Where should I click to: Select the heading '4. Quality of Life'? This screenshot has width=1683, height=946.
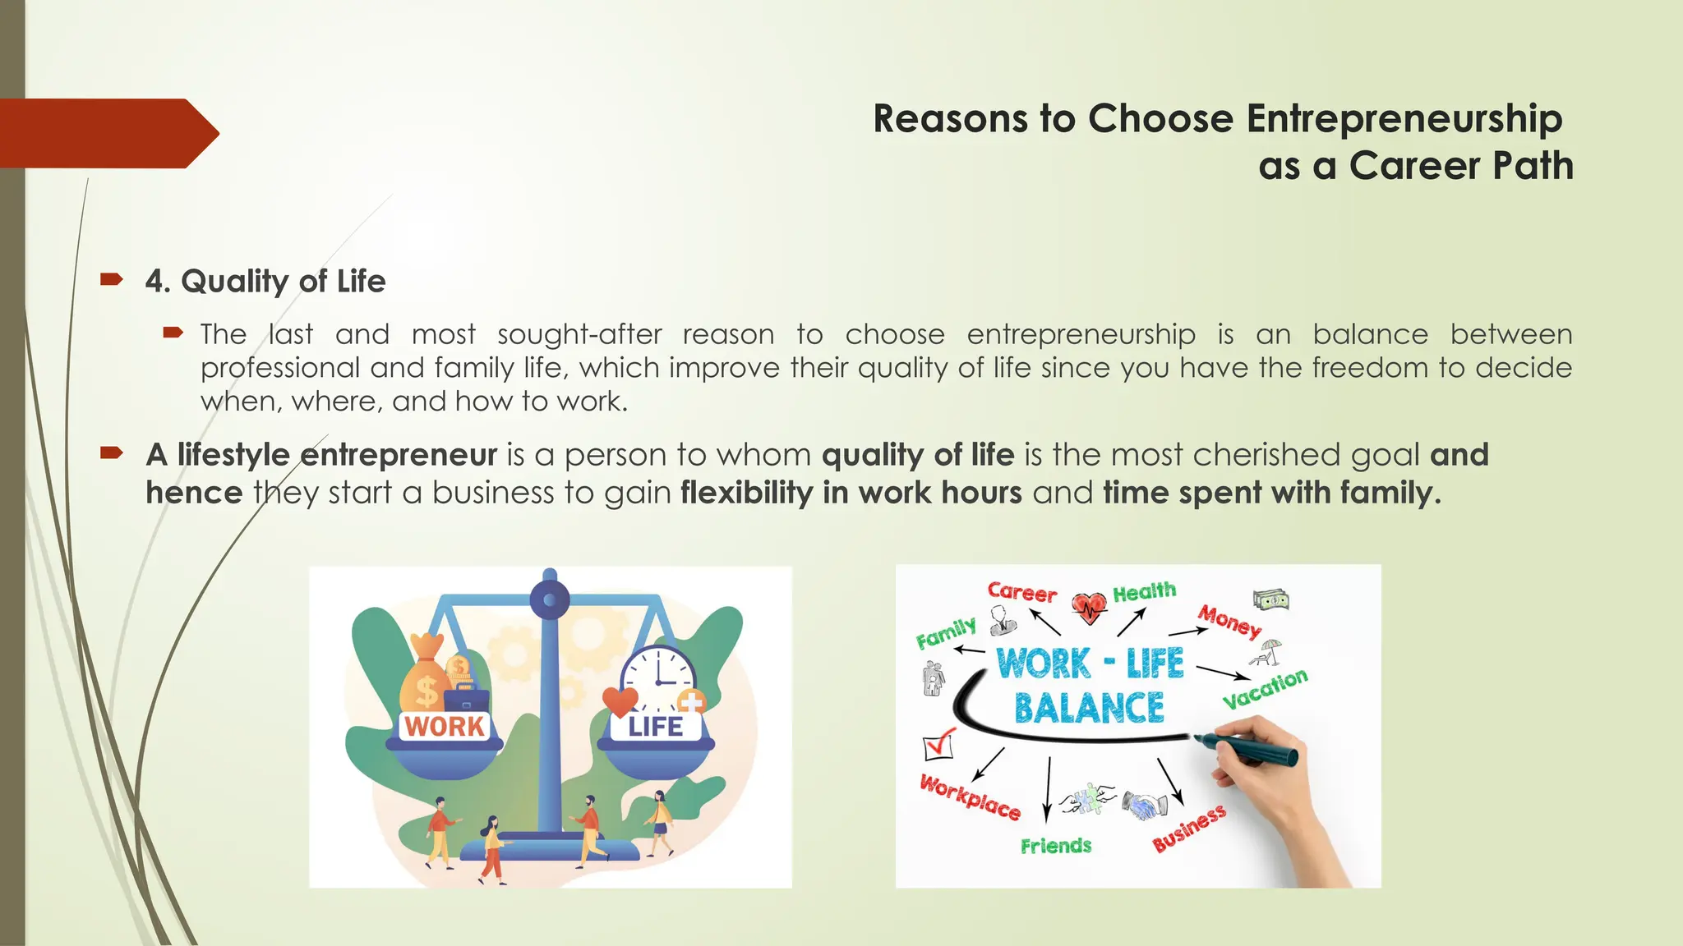[x=265, y=282]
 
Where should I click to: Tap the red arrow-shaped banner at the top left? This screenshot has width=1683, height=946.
[x=107, y=134]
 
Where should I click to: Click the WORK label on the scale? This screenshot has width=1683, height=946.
[x=445, y=727]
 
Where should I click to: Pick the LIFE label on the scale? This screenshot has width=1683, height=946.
[x=655, y=727]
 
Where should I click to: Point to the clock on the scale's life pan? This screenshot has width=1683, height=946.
[x=657, y=678]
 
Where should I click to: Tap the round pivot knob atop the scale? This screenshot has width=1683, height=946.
[x=550, y=599]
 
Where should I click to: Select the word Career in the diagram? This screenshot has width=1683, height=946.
[x=1021, y=592]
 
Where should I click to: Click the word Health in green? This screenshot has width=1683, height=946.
[x=1144, y=592]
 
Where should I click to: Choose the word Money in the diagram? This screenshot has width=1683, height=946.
[x=1229, y=621]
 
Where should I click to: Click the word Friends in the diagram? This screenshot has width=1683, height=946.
[x=1056, y=846]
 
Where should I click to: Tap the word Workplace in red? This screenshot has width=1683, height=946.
[x=970, y=797]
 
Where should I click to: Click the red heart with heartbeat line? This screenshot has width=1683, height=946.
[x=1090, y=608]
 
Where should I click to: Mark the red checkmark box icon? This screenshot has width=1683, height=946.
[x=938, y=744]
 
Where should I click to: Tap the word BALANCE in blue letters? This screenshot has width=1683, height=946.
[x=1089, y=708]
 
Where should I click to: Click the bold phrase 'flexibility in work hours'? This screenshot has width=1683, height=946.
[x=851, y=493]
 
